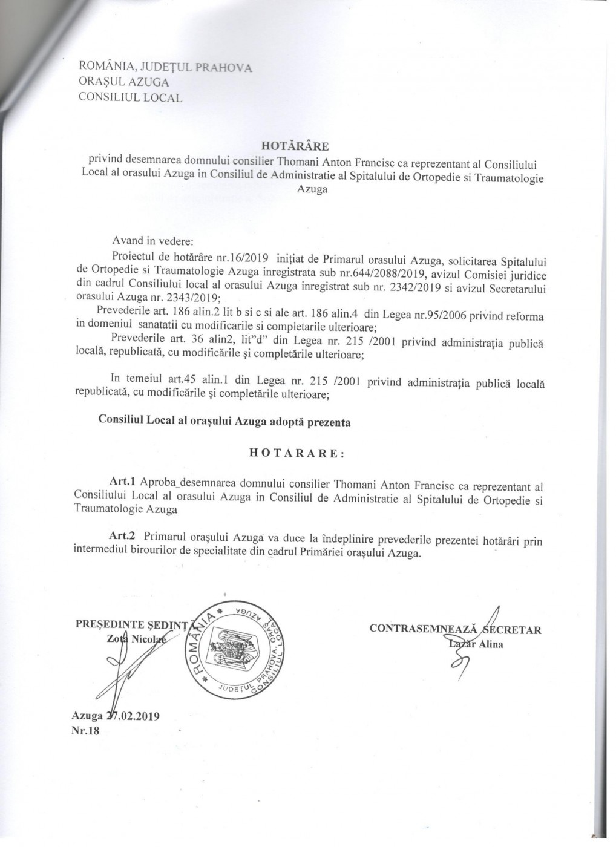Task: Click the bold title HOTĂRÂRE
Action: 294,146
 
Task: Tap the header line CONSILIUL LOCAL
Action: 129,97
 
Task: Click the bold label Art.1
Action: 123,485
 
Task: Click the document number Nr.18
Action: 85,730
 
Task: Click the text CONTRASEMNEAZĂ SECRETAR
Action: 455,629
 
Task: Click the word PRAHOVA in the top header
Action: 222,67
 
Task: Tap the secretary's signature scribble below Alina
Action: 458,667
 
